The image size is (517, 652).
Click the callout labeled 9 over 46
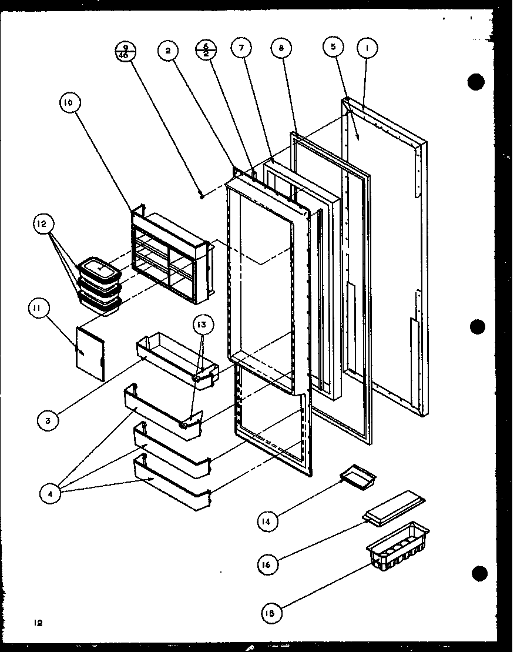[x=126, y=52]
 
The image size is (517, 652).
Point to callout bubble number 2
[x=167, y=51]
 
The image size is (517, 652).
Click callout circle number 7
[x=240, y=49]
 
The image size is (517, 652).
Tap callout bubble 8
[x=281, y=49]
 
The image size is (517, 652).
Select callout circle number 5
[x=333, y=48]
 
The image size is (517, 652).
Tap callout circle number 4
[x=51, y=494]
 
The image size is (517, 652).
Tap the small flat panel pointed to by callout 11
[x=90, y=353]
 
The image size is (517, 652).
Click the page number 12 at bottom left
[x=38, y=622]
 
